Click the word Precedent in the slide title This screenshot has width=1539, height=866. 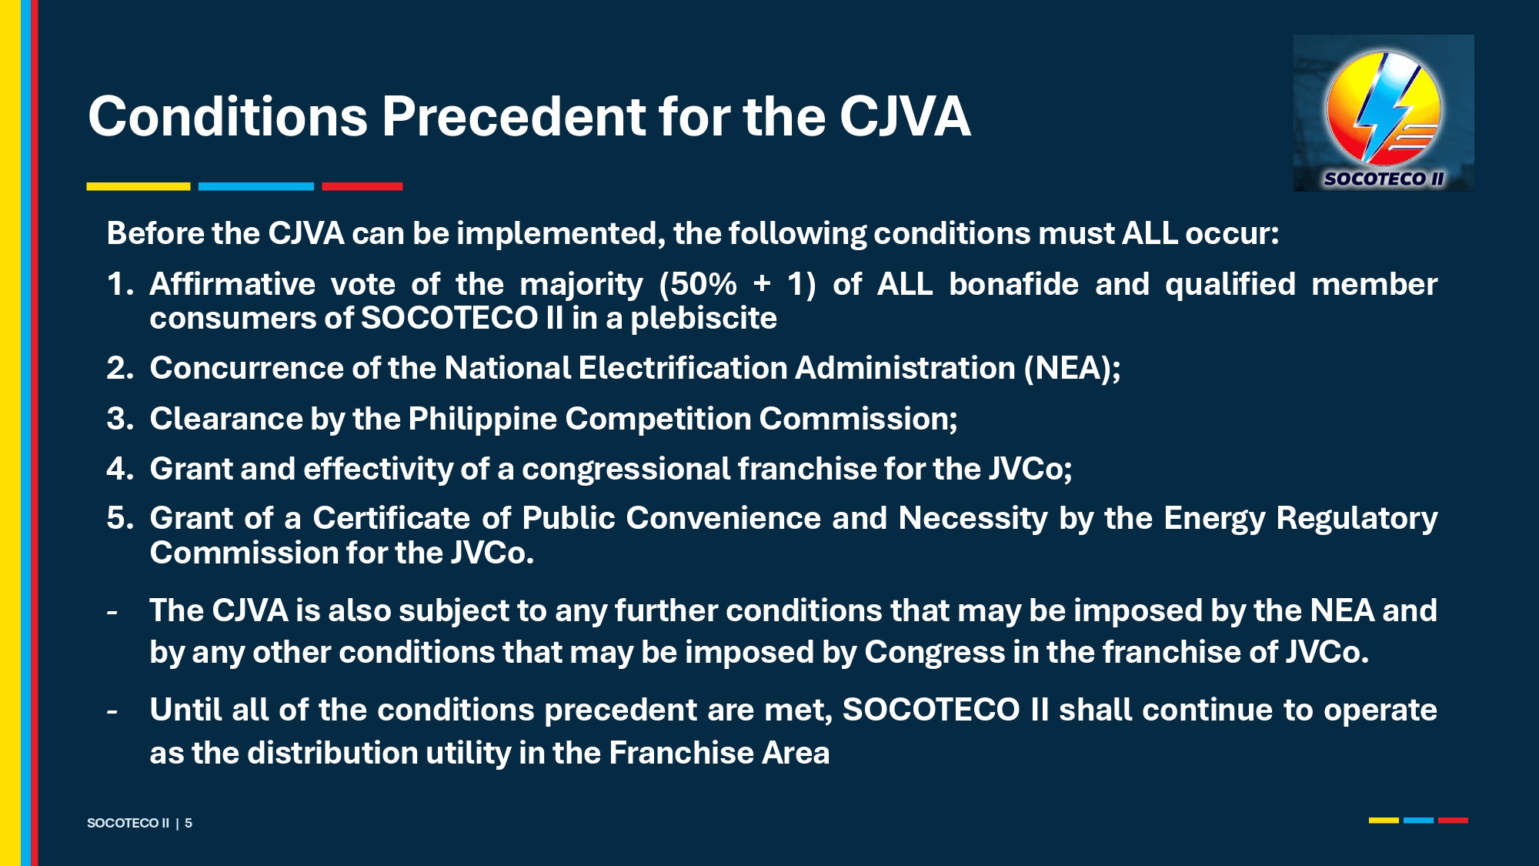coord(512,117)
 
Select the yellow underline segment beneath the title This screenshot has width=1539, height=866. coord(139,186)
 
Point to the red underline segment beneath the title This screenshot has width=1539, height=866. coord(362,186)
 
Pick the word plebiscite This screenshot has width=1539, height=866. coord(704,319)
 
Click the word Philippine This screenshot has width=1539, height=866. coord(482,420)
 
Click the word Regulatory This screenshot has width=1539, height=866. coord(1357,519)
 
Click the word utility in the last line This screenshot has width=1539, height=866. coord(469,754)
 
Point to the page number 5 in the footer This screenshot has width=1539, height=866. coord(189,823)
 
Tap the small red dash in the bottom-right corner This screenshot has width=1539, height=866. coord(1453,821)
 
